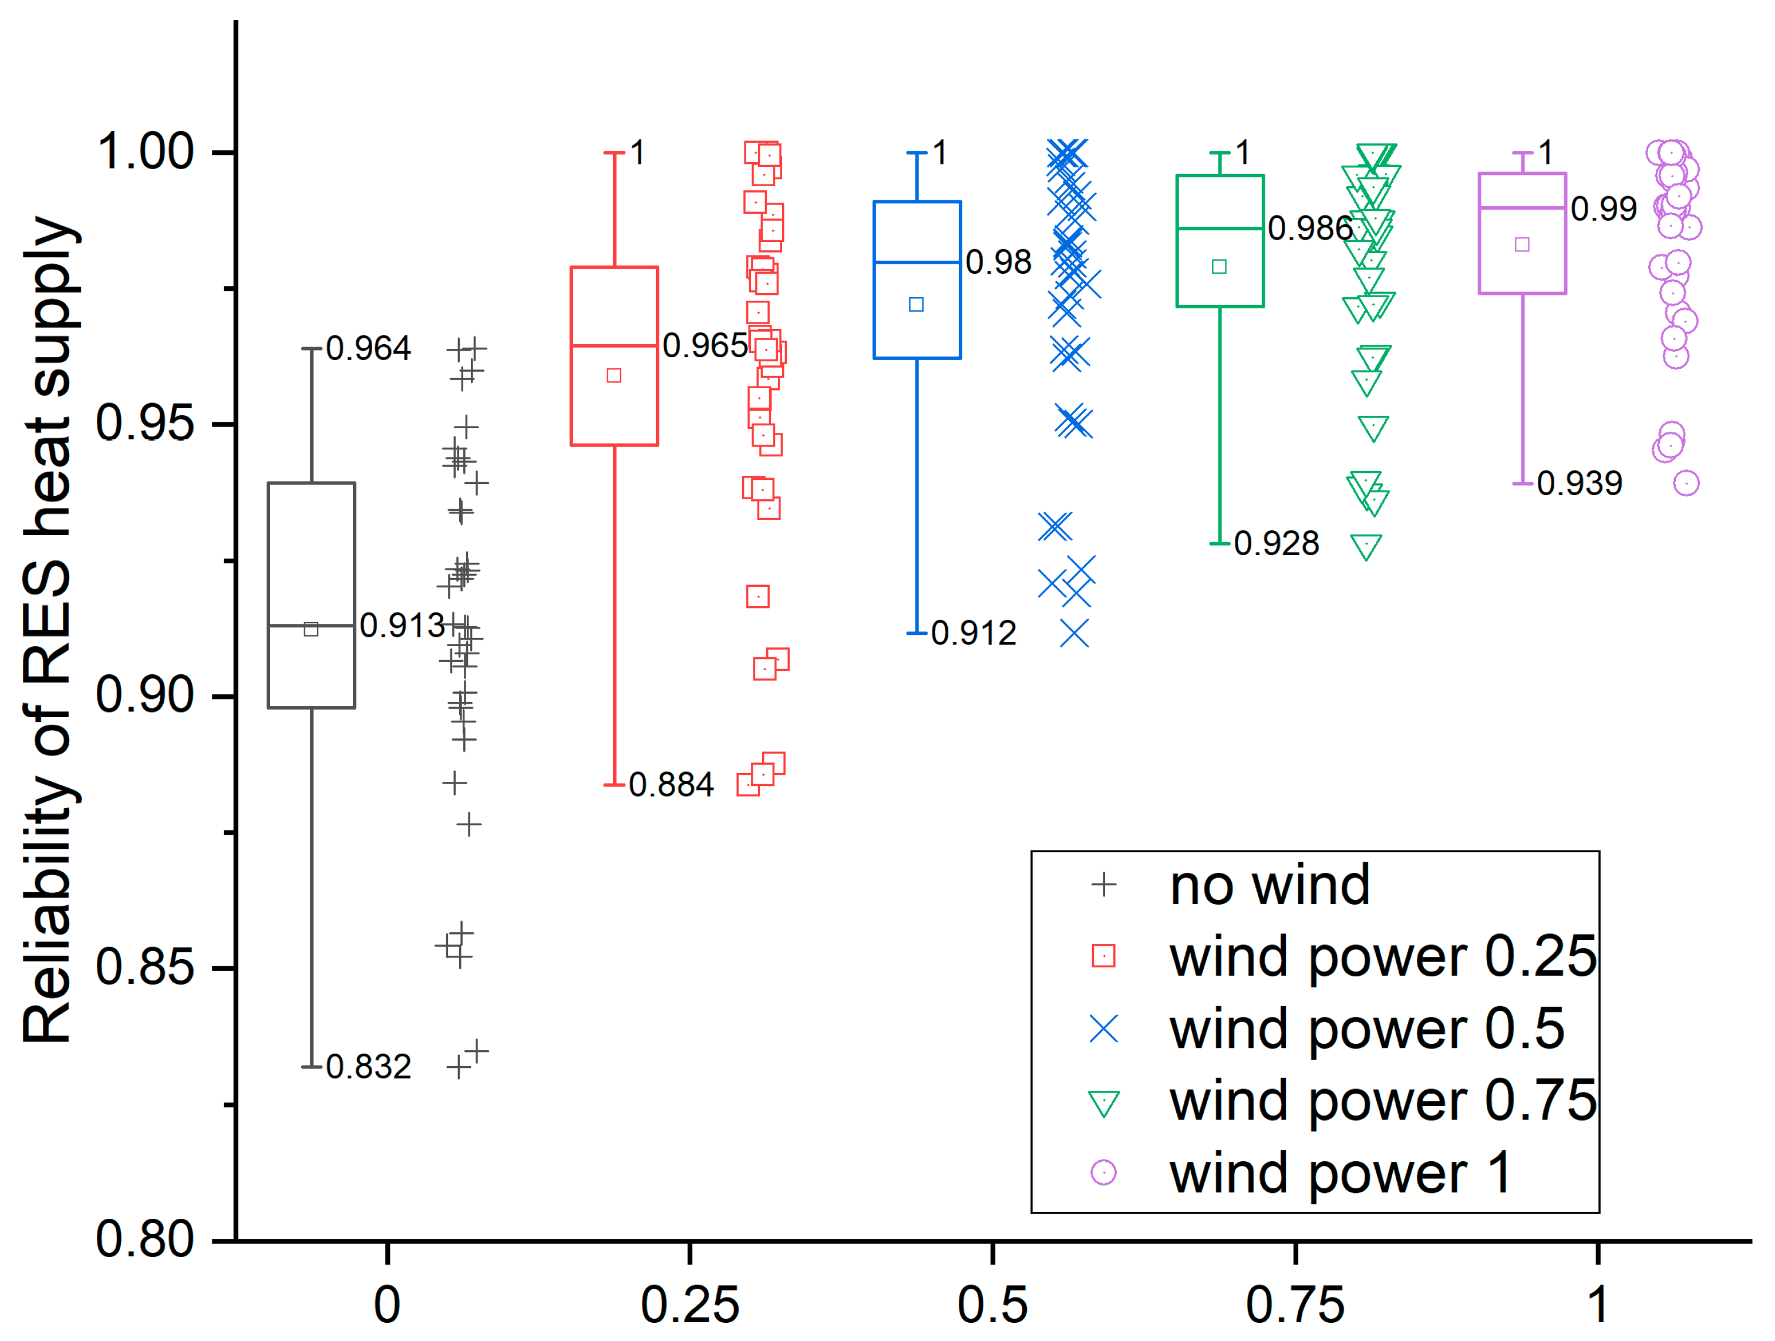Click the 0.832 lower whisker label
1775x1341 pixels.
pos(368,1067)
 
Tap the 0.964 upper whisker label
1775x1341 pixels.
pos(368,348)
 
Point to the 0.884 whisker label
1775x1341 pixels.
pos(671,784)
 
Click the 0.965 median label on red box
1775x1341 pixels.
pos(705,346)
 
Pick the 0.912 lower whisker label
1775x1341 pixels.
pos(974,633)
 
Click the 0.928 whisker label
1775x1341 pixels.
pos(1276,543)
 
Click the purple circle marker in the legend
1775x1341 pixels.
pos(1104,1172)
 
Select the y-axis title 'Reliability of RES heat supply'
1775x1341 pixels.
pos(50,630)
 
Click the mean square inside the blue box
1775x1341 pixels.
pos(917,305)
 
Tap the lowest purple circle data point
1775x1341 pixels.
pos(1686,483)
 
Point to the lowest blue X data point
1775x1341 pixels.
pos(1075,634)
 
